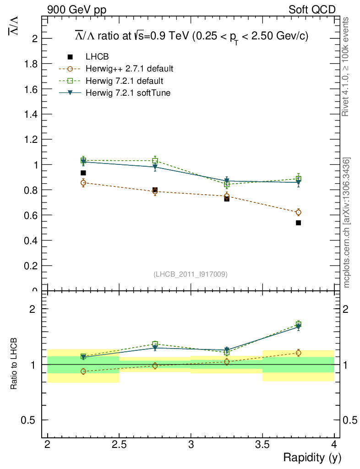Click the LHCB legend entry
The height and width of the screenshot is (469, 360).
97,57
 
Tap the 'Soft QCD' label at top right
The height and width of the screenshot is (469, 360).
312,10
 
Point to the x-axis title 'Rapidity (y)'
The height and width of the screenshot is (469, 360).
312,458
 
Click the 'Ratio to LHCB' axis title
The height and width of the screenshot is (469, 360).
15,364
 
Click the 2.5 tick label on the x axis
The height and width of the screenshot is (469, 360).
119,445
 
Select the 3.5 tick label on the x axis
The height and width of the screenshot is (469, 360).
262,445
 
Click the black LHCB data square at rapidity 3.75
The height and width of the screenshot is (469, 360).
299,223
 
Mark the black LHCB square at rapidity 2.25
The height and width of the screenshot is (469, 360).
83,173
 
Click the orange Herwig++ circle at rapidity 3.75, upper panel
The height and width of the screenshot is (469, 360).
299,212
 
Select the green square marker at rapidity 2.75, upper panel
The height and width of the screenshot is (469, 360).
155,161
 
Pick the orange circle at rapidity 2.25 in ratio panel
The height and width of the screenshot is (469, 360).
83,371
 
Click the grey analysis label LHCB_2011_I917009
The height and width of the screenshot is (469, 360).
191,274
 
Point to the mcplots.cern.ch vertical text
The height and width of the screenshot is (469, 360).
347,223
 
